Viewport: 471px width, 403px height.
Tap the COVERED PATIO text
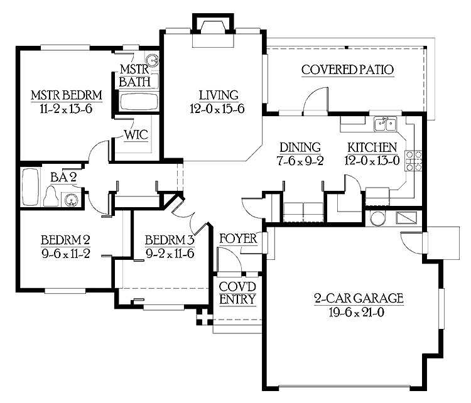click(x=347, y=70)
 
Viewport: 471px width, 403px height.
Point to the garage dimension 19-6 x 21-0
click(x=358, y=312)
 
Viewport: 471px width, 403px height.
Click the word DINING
click(x=300, y=148)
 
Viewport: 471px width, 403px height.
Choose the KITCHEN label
click(x=372, y=148)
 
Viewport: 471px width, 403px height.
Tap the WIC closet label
click(x=136, y=135)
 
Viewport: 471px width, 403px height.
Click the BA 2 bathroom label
click(x=63, y=178)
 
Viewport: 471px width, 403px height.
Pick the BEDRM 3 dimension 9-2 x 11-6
click(x=170, y=254)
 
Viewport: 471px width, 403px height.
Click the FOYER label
click(x=238, y=239)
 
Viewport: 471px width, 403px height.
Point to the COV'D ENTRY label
click(x=237, y=293)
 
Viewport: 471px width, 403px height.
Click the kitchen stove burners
click(x=413, y=161)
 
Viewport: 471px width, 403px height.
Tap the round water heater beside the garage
click(x=377, y=218)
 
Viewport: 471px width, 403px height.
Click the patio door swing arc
click(x=316, y=97)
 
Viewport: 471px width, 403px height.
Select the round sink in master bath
click(x=154, y=61)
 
